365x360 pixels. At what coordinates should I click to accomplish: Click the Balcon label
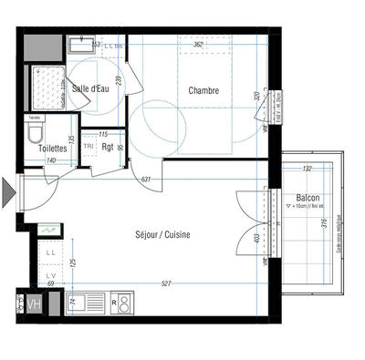click(x=307, y=199)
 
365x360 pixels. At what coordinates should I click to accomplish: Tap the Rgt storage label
click(x=108, y=147)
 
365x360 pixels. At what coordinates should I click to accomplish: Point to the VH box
click(x=35, y=304)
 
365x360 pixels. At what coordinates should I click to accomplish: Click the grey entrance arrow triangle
click(x=9, y=193)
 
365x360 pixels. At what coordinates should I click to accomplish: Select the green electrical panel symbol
click(x=51, y=231)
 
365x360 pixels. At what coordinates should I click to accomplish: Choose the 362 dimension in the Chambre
click(x=198, y=45)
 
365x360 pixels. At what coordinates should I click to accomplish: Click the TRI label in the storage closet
click(x=89, y=146)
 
